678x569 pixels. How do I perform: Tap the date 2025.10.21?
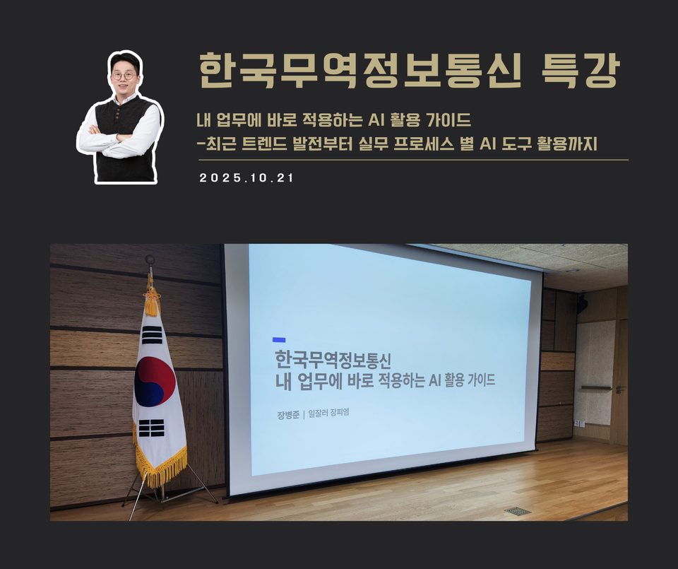[x=246, y=178]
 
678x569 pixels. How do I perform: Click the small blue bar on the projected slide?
[x=279, y=340]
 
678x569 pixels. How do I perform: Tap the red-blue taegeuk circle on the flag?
[x=154, y=382]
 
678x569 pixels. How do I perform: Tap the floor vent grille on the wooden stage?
[x=517, y=510]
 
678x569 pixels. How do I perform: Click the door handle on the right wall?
[x=618, y=389]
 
